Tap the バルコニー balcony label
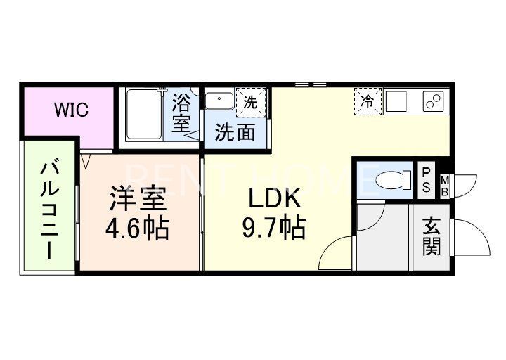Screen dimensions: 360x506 (x=49, y=210)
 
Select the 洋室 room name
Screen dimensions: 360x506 (x=137, y=200)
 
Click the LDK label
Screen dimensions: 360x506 (x=274, y=200)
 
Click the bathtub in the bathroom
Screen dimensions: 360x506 (x=144, y=114)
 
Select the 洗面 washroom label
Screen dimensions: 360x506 (x=235, y=132)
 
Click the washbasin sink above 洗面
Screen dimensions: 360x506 (x=220, y=101)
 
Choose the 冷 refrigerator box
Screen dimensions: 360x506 (x=367, y=100)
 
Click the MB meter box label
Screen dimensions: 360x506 (x=446, y=186)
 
